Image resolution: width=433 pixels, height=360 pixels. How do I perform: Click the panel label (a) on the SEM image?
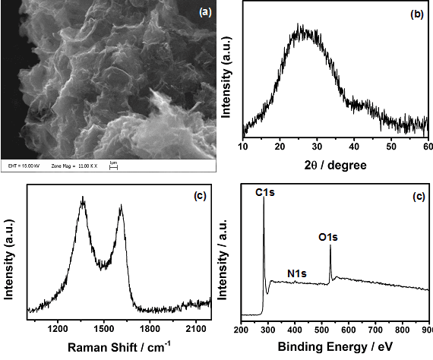click(x=204, y=12)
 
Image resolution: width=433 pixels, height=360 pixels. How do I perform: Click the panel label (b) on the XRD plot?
click(x=416, y=13)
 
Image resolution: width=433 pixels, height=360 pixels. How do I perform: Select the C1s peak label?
click(x=265, y=195)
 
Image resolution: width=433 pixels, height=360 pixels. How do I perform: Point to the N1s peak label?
click(x=298, y=273)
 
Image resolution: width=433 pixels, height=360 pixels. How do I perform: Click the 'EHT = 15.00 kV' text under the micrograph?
click(x=24, y=163)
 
